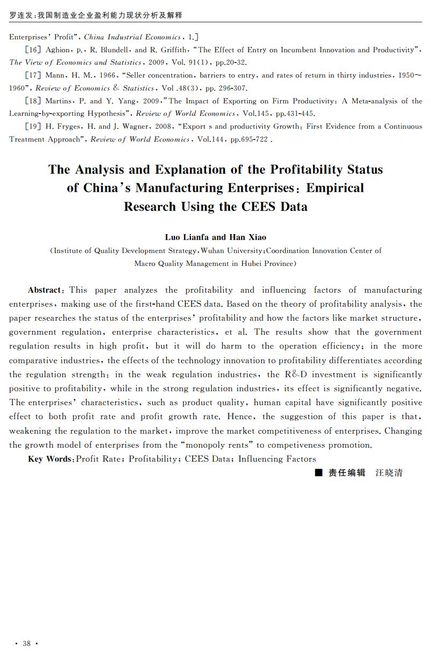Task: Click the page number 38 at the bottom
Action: [x=26, y=644]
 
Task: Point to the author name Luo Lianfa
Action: [x=187, y=237]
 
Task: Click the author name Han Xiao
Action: [x=248, y=237]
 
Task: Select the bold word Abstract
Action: [x=46, y=290]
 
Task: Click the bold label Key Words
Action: [x=50, y=459]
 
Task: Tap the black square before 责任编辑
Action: [x=319, y=473]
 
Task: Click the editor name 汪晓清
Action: [x=388, y=473]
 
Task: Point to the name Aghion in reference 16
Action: [x=58, y=50]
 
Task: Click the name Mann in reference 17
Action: [x=54, y=75]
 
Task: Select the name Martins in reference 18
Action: [x=58, y=101]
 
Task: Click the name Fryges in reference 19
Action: [x=69, y=126]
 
